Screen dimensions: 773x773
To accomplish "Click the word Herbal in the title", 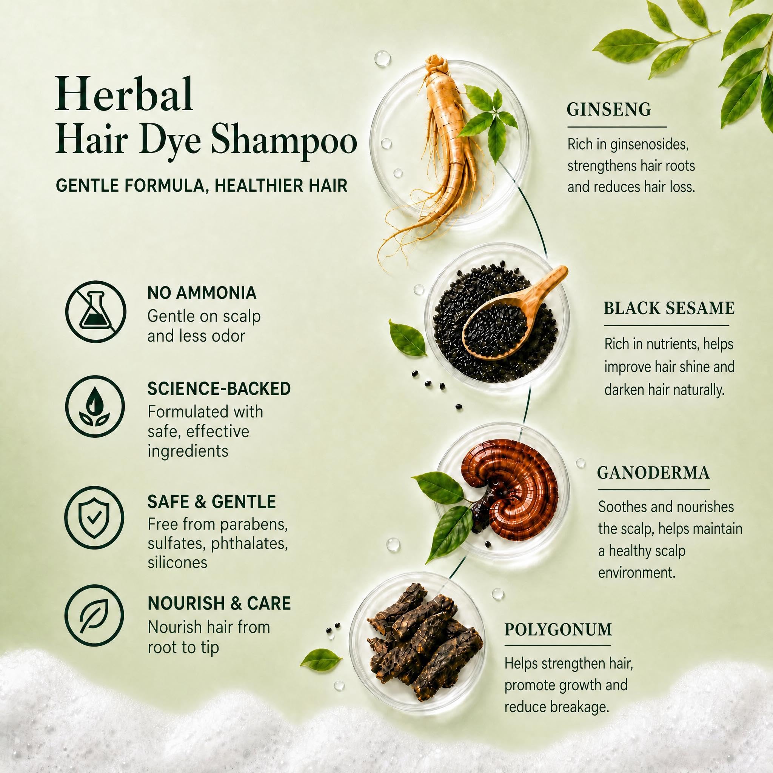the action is click(x=125, y=94).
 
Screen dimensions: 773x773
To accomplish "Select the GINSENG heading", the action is click(x=608, y=109).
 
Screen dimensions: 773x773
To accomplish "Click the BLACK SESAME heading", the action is click(x=669, y=308).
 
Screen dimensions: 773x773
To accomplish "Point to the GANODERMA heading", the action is click(x=653, y=473).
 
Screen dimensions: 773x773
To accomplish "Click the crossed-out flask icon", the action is click(x=95, y=311).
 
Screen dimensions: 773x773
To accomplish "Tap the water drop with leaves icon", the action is click(x=95, y=407).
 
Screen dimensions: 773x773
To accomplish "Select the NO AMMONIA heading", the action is click(x=202, y=293).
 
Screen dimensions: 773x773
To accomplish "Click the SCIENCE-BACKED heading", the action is click(x=219, y=389).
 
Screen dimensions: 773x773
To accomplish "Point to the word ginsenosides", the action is click(x=649, y=145).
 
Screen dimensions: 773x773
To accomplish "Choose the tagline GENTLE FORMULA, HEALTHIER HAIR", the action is click(x=201, y=186).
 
